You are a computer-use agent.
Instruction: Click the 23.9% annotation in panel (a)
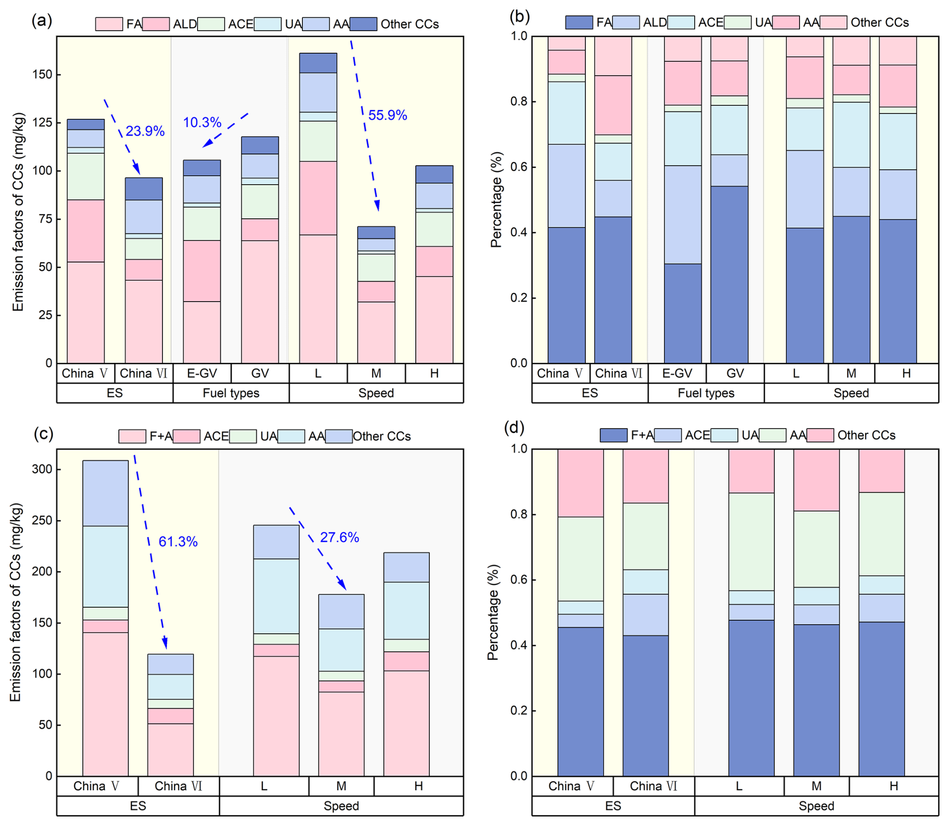point(145,131)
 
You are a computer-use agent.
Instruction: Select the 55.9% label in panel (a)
point(387,115)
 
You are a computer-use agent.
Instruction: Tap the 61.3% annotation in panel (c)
point(178,541)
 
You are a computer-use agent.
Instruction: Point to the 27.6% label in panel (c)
point(340,537)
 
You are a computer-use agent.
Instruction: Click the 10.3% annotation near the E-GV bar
point(202,122)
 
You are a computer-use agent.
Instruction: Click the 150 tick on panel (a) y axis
point(42,75)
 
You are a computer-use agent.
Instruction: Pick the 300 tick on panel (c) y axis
point(42,469)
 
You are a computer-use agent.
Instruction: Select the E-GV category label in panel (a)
point(202,373)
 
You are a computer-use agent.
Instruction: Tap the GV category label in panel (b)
point(735,373)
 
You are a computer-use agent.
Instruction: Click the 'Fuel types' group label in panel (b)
point(706,393)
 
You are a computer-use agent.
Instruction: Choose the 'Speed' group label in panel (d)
point(816,806)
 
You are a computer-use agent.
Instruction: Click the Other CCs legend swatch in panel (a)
point(363,24)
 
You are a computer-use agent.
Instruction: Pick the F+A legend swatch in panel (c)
point(132,436)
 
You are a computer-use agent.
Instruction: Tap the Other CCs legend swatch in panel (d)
point(820,435)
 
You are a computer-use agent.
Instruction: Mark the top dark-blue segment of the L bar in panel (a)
point(318,63)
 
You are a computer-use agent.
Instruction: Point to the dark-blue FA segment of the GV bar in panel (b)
point(729,274)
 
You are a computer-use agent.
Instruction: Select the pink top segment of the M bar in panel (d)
point(816,480)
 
